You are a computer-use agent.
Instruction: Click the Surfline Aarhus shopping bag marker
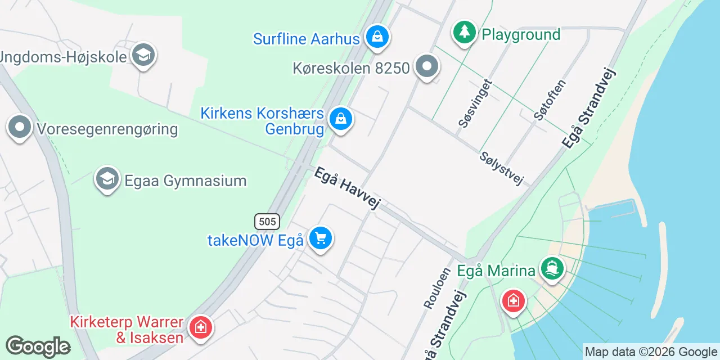pyautogui.click(x=377, y=37)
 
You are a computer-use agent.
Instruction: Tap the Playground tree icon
pyautogui.click(x=464, y=32)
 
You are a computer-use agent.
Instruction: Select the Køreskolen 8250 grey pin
pyautogui.click(x=427, y=67)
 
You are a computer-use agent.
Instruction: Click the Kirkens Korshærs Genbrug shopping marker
pyautogui.click(x=340, y=119)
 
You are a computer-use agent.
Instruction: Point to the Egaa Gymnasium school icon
pyautogui.click(x=107, y=179)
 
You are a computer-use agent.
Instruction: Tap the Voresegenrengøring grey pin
pyautogui.click(x=20, y=128)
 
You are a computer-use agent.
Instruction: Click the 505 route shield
pyautogui.click(x=267, y=221)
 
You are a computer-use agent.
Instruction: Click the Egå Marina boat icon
pyautogui.click(x=552, y=268)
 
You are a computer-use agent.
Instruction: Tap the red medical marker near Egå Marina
pyautogui.click(x=513, y=300)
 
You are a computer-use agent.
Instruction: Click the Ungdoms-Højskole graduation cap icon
pyautogui.click(x=143, y=55)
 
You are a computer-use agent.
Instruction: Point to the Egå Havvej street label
pyautogui.click(x=346, y=188)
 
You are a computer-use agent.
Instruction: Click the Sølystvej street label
pyautogui.click(x=502, y=168)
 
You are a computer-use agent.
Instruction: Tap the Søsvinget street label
pyautogui.click(x=475, y=103)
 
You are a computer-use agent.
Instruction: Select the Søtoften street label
pyautogui.click(x=550, y=100)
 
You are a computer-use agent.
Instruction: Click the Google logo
pyautogui.click(x=38, y=346)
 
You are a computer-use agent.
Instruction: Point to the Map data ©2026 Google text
pyautogui.click(x=651, y=352)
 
